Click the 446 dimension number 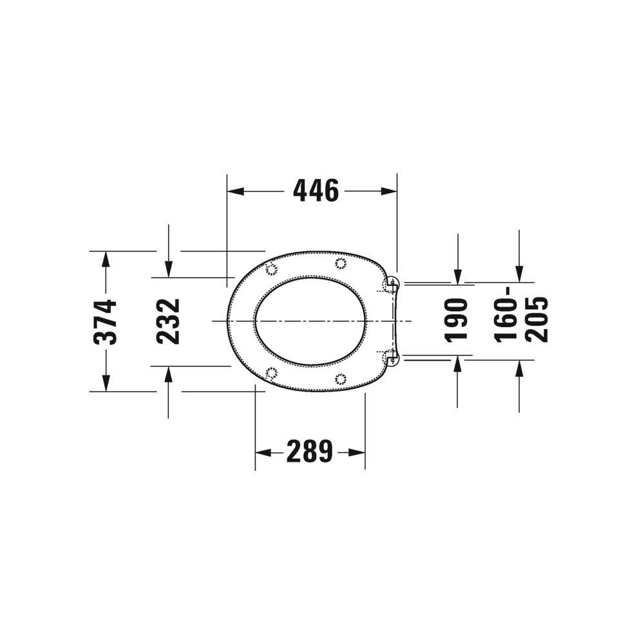coord(316,191)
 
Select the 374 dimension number coord(105,321)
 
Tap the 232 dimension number coord(168,321)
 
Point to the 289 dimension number coord(309,451)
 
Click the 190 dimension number coord(457,320)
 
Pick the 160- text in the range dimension coord(505,315)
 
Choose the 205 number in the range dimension coord(537,319)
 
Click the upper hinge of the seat coord(392,283)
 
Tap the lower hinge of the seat coord(392,357)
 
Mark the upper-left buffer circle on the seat coord(271,269)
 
